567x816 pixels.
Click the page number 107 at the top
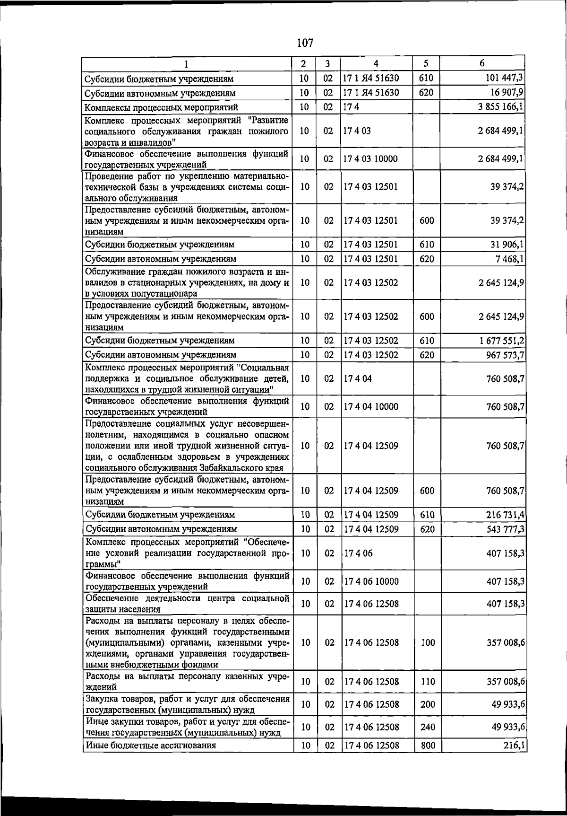tap(305, 43)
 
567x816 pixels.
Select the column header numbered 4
tap(376, 64)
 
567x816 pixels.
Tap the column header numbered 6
tap(482, 63)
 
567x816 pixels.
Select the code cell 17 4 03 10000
tap(371, 159)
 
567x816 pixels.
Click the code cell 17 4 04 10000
tap(371, 407)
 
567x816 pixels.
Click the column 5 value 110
tap(427, 682)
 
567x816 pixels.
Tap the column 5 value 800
tap(427, 746)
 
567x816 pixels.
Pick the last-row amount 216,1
tap(514, 746)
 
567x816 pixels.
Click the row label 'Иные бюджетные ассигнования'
tap(150, 746)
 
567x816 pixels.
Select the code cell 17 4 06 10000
tap(371, 581)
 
